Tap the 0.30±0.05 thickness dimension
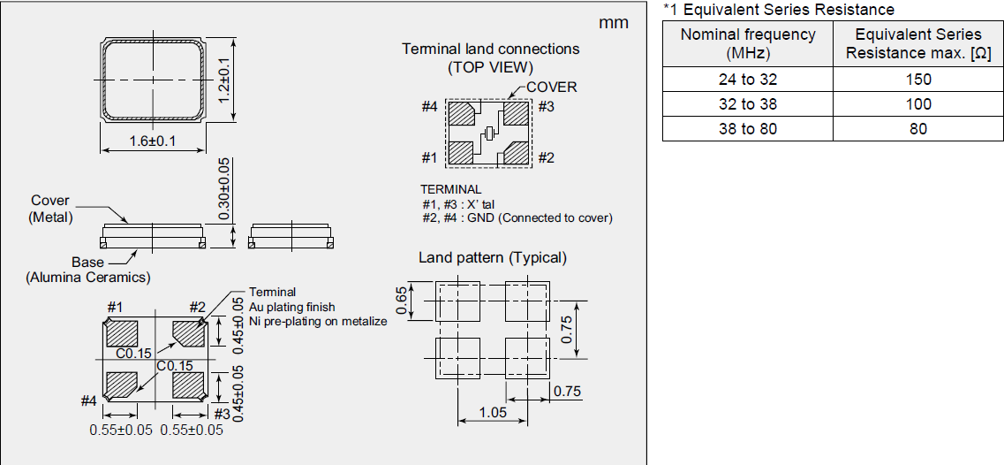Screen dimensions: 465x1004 click(x=224, y=189)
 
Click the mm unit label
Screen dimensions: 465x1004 click(x=614, y=23)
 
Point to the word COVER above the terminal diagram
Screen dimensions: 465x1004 click(x=551, y=87)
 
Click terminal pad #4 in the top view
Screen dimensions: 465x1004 click(x=461, y=114)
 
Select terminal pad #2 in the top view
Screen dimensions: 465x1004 click(x=516, y=152)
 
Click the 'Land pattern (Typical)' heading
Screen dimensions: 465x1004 click(x=492, y=257)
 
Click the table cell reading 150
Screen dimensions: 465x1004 click(x=918, y=79)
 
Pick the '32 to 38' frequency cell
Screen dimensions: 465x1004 click(x=747, y=103)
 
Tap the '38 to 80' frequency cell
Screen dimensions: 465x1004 click(x=747, y=128)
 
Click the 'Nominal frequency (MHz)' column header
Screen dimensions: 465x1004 click(x=747, y=43)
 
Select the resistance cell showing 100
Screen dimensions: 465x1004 click(x=918, y=103)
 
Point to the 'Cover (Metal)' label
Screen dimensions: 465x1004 click(x=50, y=209)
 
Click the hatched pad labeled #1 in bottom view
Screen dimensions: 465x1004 click(x=122, y=333)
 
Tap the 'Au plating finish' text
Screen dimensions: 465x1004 click(x=291, y=307)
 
